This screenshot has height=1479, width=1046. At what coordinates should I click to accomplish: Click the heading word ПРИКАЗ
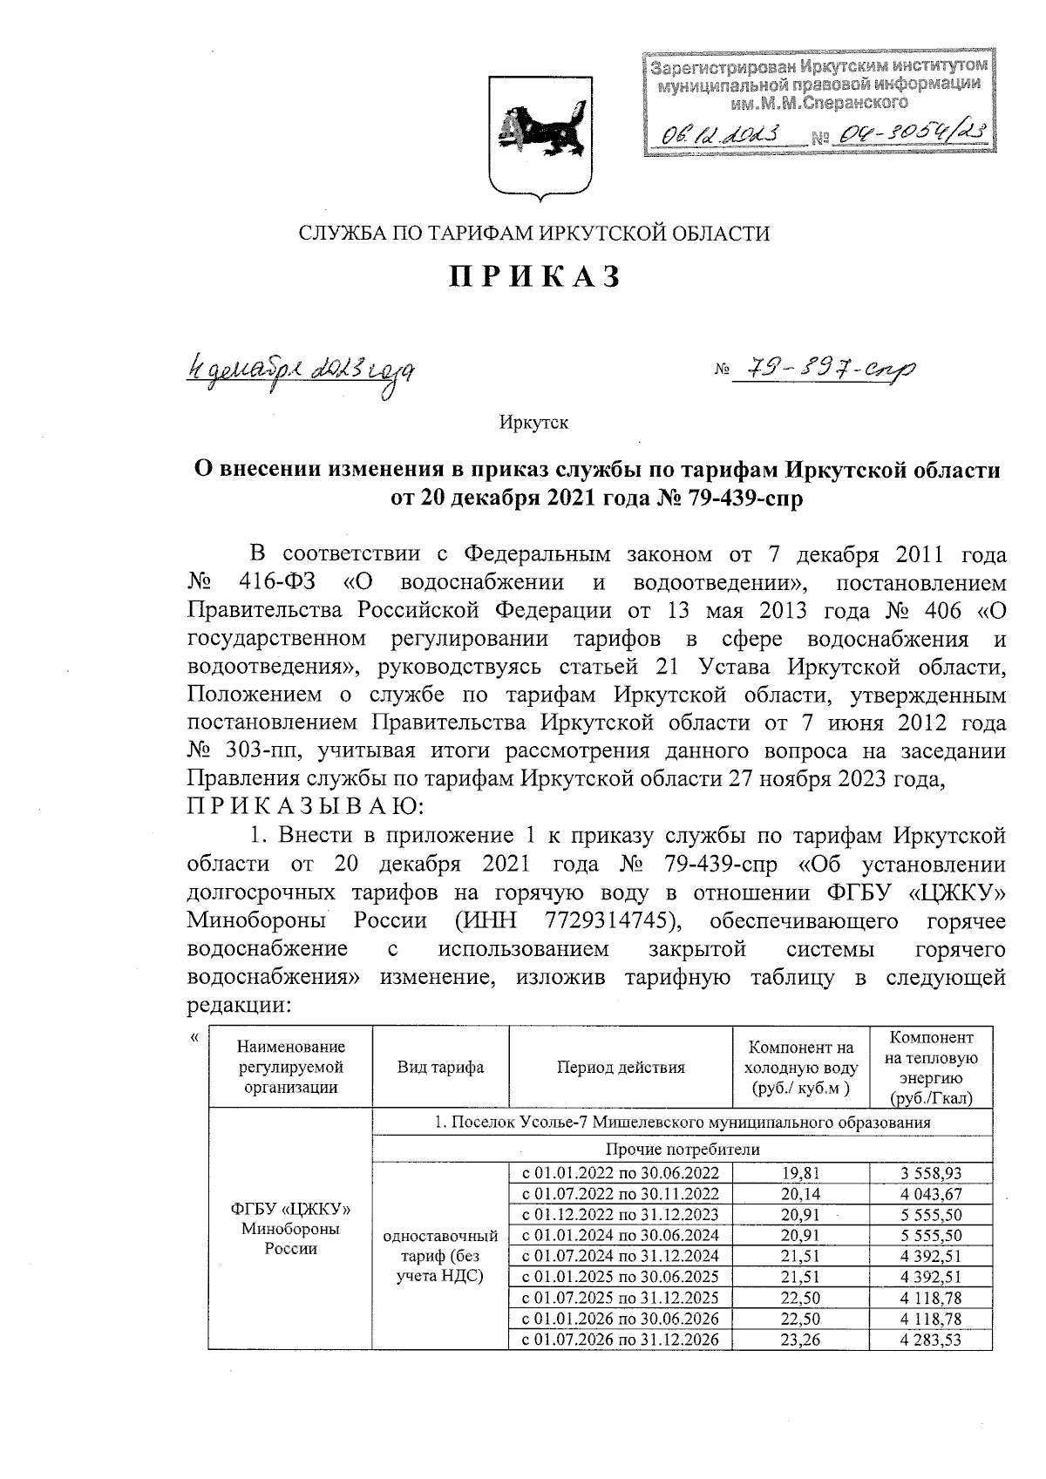[534, 276]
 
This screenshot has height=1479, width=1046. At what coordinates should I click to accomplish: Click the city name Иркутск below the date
[533, 423]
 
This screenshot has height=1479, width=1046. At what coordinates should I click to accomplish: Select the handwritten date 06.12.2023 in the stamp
[720, 132]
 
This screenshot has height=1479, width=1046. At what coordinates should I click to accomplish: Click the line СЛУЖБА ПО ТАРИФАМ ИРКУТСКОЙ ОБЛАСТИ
[534, 233]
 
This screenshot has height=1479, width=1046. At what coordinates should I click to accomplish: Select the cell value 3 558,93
[930, 1173]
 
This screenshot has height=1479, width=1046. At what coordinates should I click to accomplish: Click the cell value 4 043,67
[930, 1194]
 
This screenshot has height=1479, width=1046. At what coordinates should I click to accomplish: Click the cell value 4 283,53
[930, 1340]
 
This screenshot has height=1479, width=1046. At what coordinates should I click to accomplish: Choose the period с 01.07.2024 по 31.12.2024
[620, 1257]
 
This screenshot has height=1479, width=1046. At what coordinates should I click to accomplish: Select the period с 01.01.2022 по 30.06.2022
[620, 1173]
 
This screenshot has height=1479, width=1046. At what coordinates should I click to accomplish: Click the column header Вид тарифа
[440, 1067]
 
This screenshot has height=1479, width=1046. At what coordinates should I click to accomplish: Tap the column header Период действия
[620, 1067]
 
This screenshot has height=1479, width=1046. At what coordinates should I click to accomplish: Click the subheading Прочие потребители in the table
[682, 1150]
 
